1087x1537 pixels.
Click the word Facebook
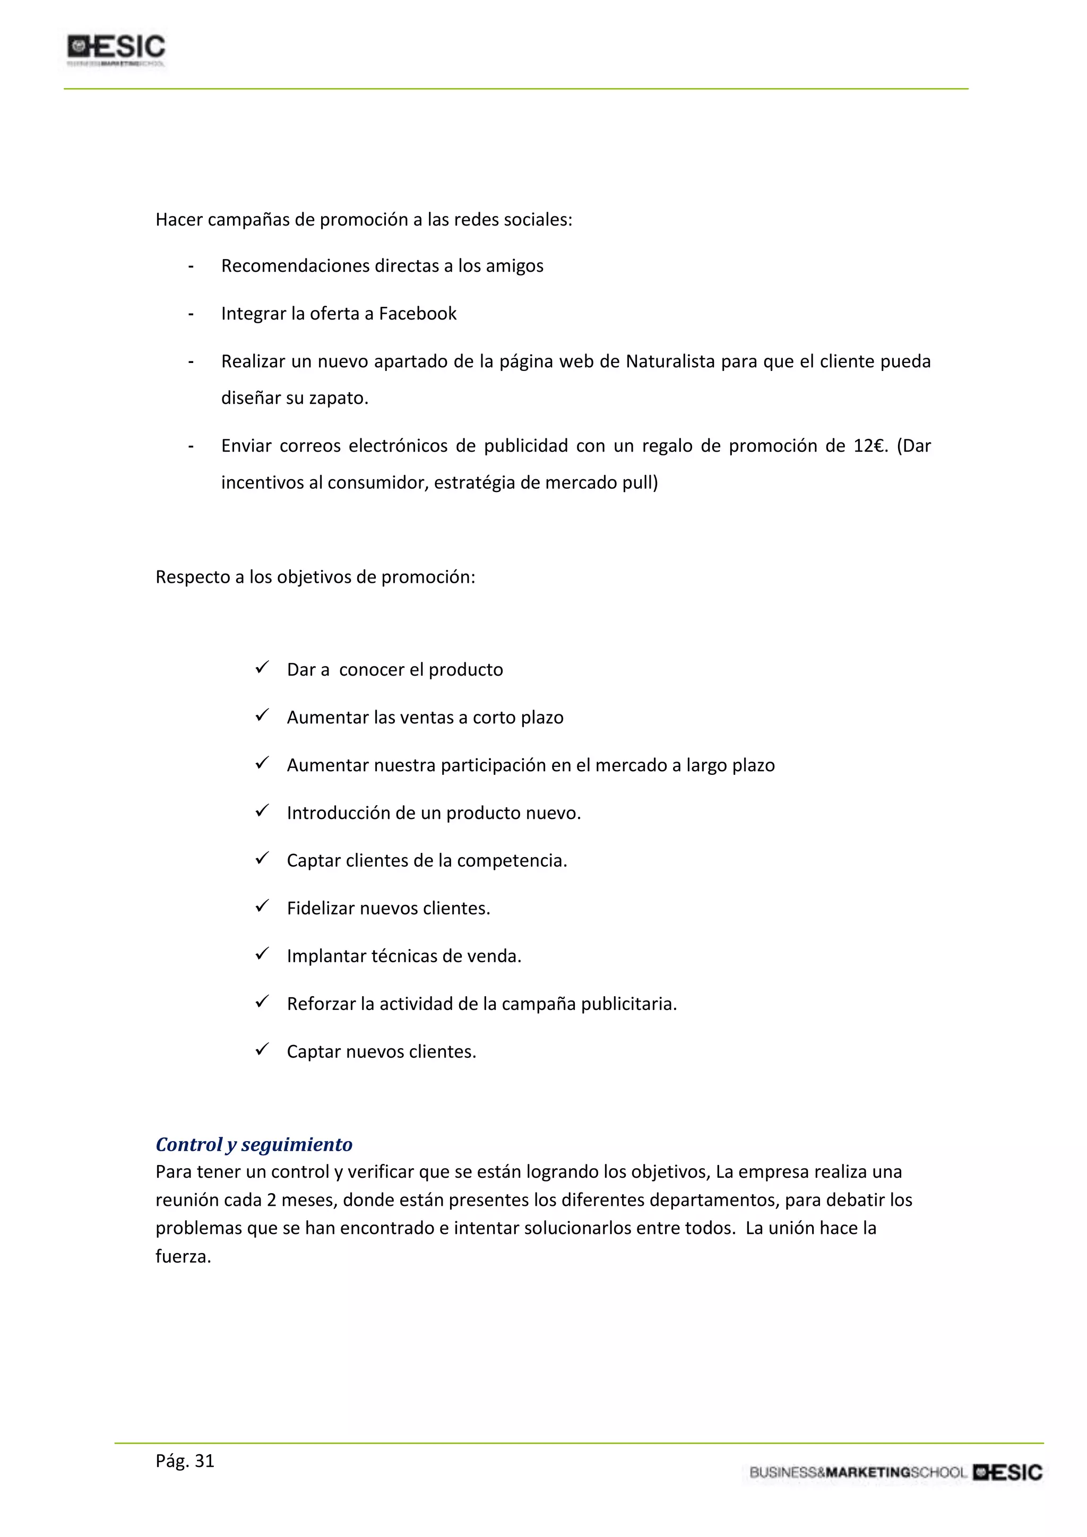tap(418, 314)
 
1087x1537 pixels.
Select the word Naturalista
tap(670, 361)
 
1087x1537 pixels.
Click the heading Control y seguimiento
tap(254, 1144)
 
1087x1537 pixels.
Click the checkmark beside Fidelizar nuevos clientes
tap(262, 906)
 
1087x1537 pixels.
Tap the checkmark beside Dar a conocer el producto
tap(262, 668)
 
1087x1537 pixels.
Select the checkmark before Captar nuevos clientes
tap(262, 1050)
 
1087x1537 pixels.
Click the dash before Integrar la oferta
tap(191, 315)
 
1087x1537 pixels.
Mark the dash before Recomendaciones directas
tap(191, 267)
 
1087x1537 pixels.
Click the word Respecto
tap(192, 577)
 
